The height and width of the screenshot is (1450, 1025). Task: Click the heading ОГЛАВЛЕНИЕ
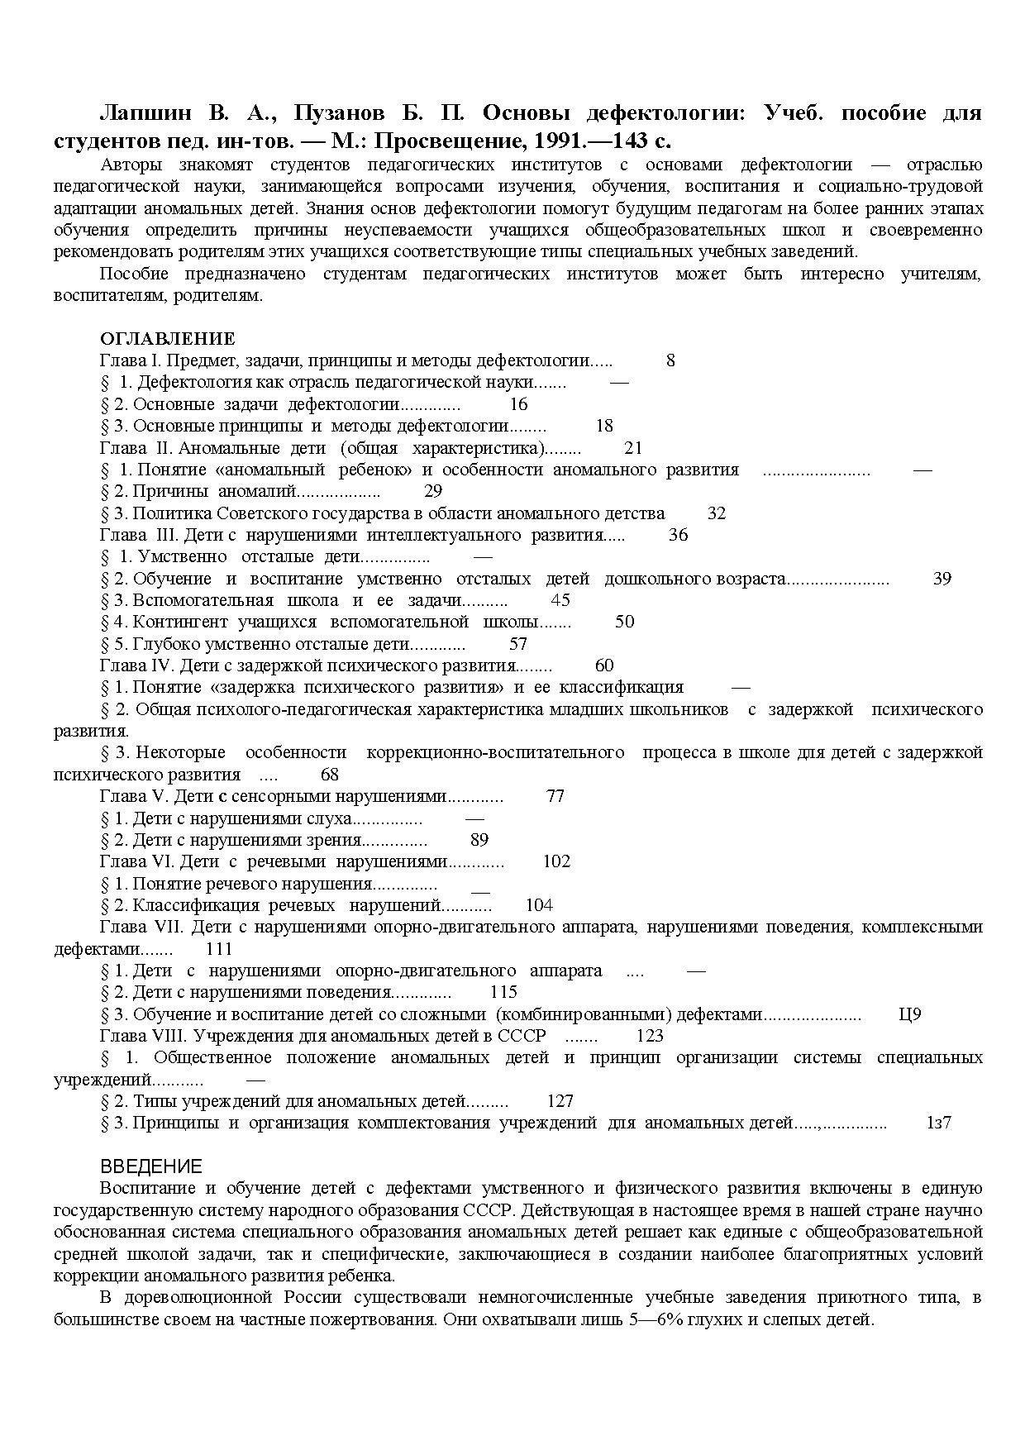point(167,339)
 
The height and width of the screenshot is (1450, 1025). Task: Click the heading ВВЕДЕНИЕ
point(150,1166)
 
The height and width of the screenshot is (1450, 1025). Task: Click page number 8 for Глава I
point(670,360)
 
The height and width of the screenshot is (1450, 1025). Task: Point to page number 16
point(518,404)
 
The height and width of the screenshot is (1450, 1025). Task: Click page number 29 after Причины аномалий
point(433,491)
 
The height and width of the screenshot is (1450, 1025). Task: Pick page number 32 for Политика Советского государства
point(717,513)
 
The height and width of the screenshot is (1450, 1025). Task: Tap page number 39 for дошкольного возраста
point(942,579)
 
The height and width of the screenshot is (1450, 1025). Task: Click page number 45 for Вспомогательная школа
point(560,600)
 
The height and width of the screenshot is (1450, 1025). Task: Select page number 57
point(518,644)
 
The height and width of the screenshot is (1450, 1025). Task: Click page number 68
point(329,775)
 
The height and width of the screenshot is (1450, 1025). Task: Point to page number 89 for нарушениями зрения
point(479,840)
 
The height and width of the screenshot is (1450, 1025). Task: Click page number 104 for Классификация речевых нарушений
point(539,905)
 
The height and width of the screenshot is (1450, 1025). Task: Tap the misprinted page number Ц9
point(909,1014)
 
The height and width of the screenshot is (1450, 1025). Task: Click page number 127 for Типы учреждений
point(560,1101)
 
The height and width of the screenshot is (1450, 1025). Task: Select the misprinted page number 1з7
point(939,1123)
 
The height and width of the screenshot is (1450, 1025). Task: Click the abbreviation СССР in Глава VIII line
point(522,1036)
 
